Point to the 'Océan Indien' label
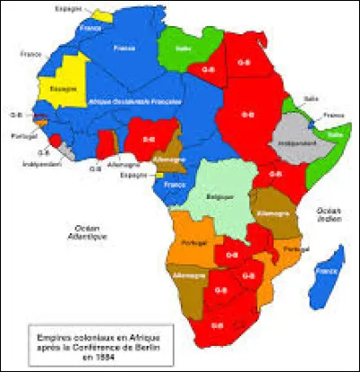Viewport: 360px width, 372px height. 326,213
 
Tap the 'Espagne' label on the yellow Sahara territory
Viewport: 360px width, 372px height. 62,89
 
